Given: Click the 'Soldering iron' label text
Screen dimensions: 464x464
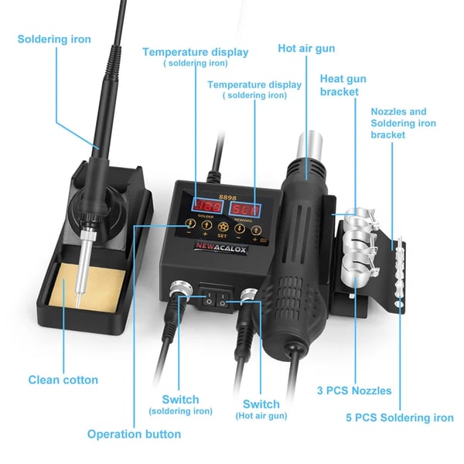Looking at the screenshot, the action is click(x=54, y=39).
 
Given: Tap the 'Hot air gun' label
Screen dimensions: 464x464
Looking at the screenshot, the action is click(x=306, y=49).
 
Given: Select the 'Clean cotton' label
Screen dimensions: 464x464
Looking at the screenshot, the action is click(x=63, y=380).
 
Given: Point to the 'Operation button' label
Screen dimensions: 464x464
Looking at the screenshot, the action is click(x=134, y=434).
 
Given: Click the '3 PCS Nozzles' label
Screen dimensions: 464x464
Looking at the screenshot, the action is click(x=354, y=391).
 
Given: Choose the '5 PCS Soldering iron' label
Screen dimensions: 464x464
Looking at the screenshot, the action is click(x=400, y=418).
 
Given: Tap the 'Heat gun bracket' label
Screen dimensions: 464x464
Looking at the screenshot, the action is click(x=343, y=85).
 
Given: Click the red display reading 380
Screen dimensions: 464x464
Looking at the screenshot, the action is click(x=208, y=206).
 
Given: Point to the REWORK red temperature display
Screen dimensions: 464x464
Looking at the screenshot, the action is click(x=245, y=210).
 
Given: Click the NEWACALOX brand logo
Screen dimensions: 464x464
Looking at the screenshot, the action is click(x=220, y=248).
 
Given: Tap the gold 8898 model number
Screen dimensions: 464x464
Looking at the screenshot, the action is click(x=227, y=197).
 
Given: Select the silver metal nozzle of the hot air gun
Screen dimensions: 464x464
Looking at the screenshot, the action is click(x=310, y=145).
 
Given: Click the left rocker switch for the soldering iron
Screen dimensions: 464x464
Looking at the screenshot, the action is click(x=209, y=299).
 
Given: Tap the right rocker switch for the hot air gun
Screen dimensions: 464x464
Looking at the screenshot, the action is click(x=223, y=300).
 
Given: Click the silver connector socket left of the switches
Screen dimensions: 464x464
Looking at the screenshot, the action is click(x=181, y=288).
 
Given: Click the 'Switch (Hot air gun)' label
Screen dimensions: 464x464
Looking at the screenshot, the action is click(x=261, y=409).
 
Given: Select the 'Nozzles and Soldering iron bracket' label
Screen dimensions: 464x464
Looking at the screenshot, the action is click(x=404, y=123).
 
